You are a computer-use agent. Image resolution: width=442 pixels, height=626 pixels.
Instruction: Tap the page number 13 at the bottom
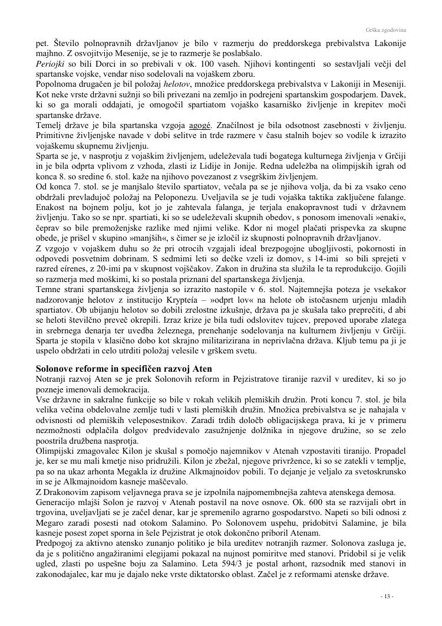(386, 597)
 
